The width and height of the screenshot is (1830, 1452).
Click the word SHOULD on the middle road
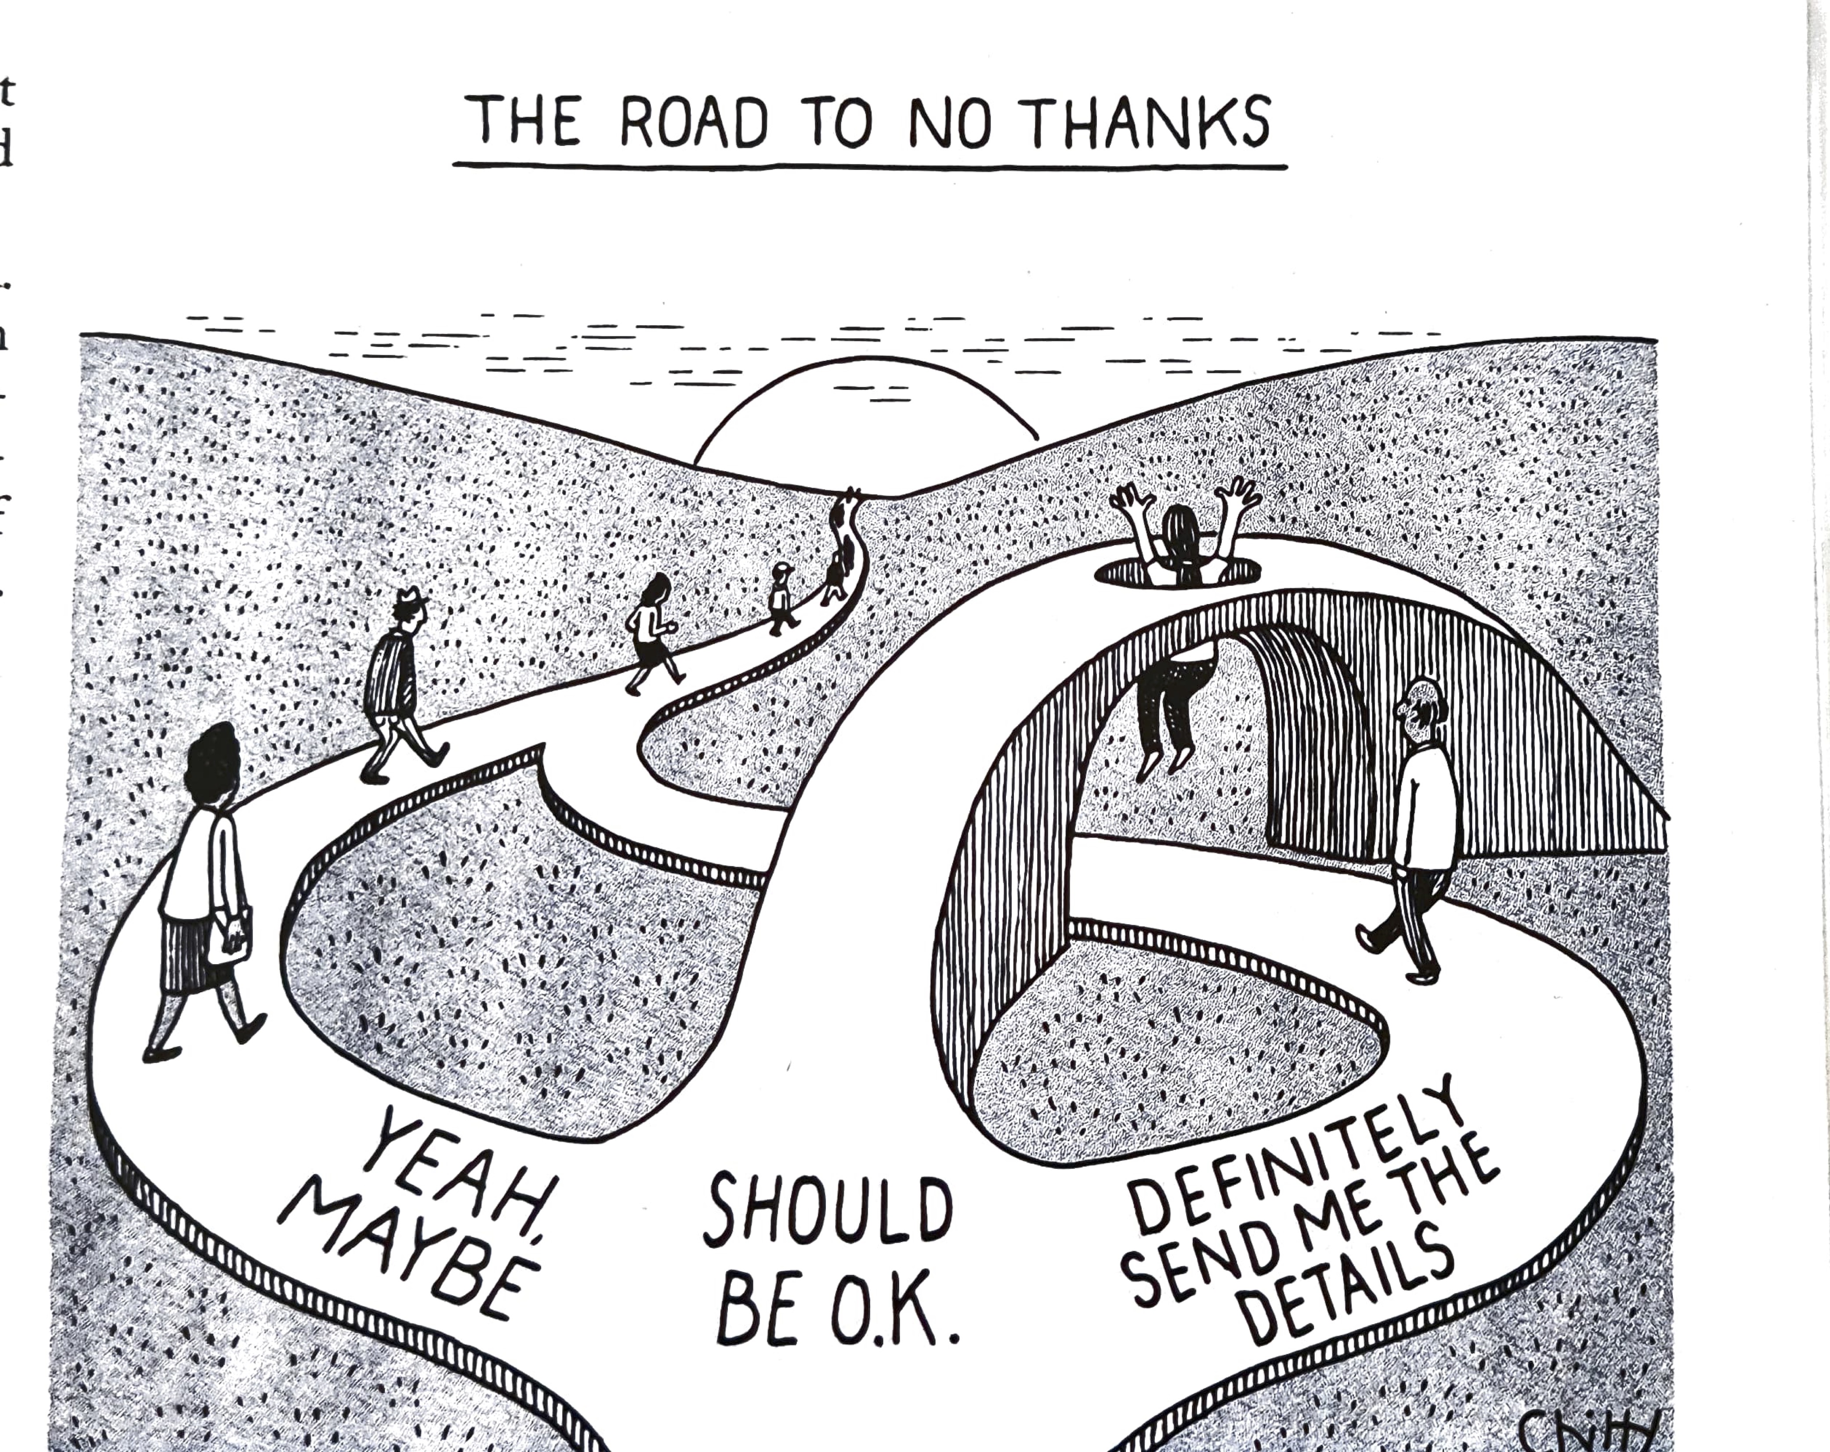tap(828, 1209)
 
